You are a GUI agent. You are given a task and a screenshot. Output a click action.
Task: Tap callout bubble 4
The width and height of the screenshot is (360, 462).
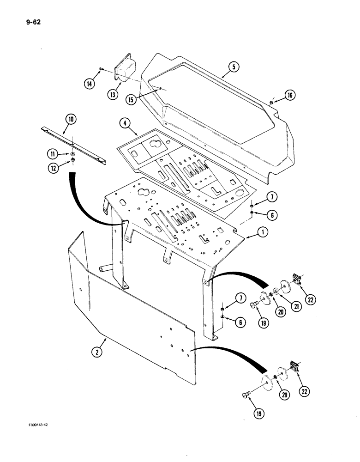pos(124,123)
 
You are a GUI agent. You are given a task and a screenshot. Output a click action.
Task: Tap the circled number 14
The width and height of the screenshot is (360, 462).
pos(90,84)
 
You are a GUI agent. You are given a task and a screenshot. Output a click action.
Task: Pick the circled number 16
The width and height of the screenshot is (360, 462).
pos(290,96)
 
